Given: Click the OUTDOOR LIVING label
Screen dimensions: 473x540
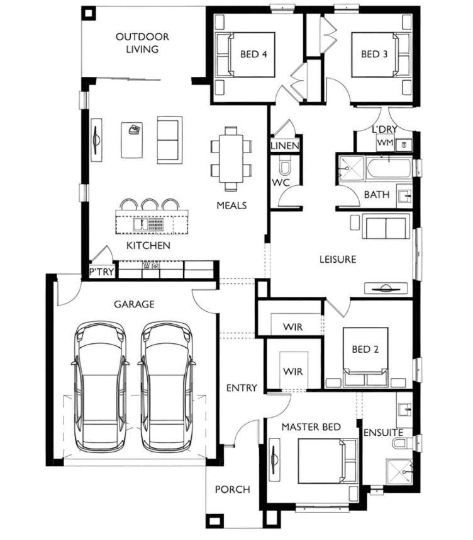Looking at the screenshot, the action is click(x=142, y=43).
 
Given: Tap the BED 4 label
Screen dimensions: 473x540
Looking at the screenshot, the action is click(x=253, y=54).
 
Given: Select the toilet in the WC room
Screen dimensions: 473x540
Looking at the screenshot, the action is click(x=284, y=167).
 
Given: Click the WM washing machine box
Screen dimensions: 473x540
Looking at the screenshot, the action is click(x=385, y=142).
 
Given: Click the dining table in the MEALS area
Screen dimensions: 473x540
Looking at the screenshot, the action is click(x=231, y=159).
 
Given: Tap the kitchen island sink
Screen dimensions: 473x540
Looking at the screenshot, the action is click(x=141, y=224).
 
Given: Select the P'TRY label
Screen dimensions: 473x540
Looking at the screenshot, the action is click(x=101, y=272).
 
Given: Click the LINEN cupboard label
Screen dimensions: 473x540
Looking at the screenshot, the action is click(x=285, y=146).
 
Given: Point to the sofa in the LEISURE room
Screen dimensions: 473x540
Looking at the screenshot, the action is click(x=386, y=226).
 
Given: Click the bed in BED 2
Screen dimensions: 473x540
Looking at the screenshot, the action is click(x=365, y=357).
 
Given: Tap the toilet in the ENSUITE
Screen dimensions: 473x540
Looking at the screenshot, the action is click(x=401, y=443).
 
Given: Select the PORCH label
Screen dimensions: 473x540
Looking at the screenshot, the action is click(x=232, y=490).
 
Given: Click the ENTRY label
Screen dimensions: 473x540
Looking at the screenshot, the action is click(x=242, y=388).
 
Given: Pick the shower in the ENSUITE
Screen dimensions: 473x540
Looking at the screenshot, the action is click(x=399, y=472).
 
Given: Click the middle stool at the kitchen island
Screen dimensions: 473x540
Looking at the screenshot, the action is click(x=150, y=204).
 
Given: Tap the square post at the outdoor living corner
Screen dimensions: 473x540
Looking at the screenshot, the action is click(x=89, y=13).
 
